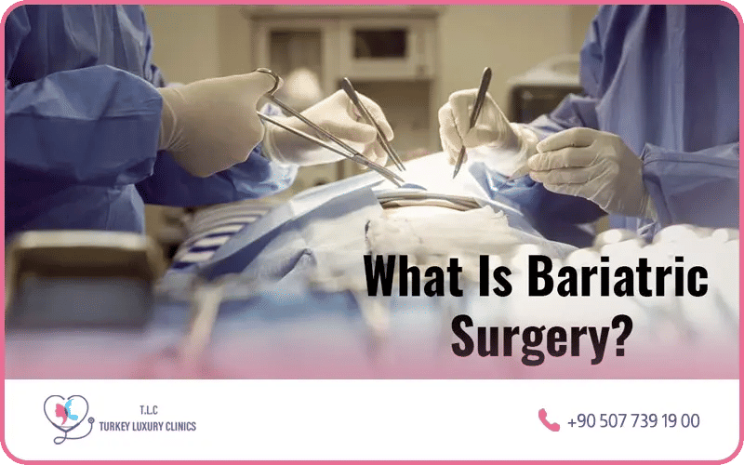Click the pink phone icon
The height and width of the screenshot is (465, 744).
548,419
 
